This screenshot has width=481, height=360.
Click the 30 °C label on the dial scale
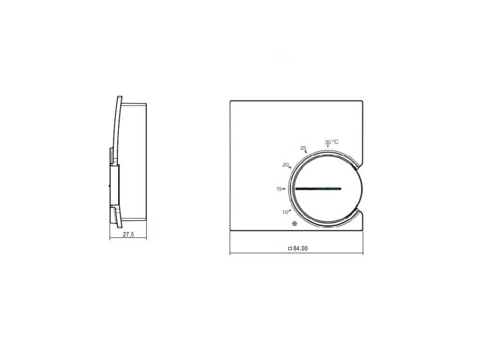click(331, 142)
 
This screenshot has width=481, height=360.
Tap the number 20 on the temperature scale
click(285, 164)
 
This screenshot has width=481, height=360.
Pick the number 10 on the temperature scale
click(285, 212)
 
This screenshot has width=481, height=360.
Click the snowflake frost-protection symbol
click(294, 224)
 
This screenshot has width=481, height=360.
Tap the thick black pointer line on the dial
click(317, 189)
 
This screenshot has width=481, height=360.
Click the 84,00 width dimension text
click(300, 248)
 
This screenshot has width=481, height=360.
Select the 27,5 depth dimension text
click(128, 234)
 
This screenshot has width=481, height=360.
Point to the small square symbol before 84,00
click(290, 248)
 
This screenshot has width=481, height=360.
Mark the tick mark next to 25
click(306, 152)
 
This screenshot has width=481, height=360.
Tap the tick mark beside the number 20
click(290, 167)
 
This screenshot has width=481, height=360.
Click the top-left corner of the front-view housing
click(231, 101)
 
